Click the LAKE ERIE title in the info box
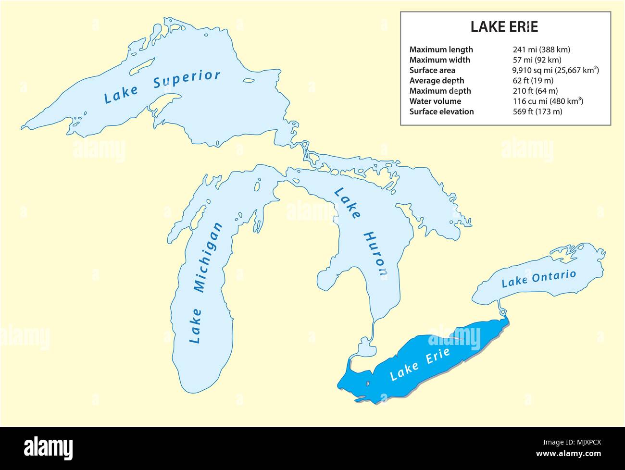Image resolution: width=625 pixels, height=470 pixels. pyautogui.click(x=504, y=27)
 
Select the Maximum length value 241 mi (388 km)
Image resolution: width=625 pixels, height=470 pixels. pyautogui.click(x=541, y=49)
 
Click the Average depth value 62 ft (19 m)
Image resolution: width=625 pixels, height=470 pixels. pyautogui.click(x=533, y=81)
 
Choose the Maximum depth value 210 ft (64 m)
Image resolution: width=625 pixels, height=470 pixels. pyautogui.click(x=536, y=91)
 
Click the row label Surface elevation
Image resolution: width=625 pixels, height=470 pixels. pyautogui.click(x=441, y=111)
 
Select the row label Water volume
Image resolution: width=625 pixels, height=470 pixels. pyautogui.click(x=435, y=101)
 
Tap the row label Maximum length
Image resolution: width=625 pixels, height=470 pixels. pyautogui.click(x=441, y=49)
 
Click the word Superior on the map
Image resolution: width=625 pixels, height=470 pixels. pyautogui.click(x=187, y=80)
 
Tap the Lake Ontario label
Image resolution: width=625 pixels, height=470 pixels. pyautogui.click(x=538, y=279)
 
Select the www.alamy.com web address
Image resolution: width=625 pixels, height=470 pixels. pyautogui.click(x=569, y=454)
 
